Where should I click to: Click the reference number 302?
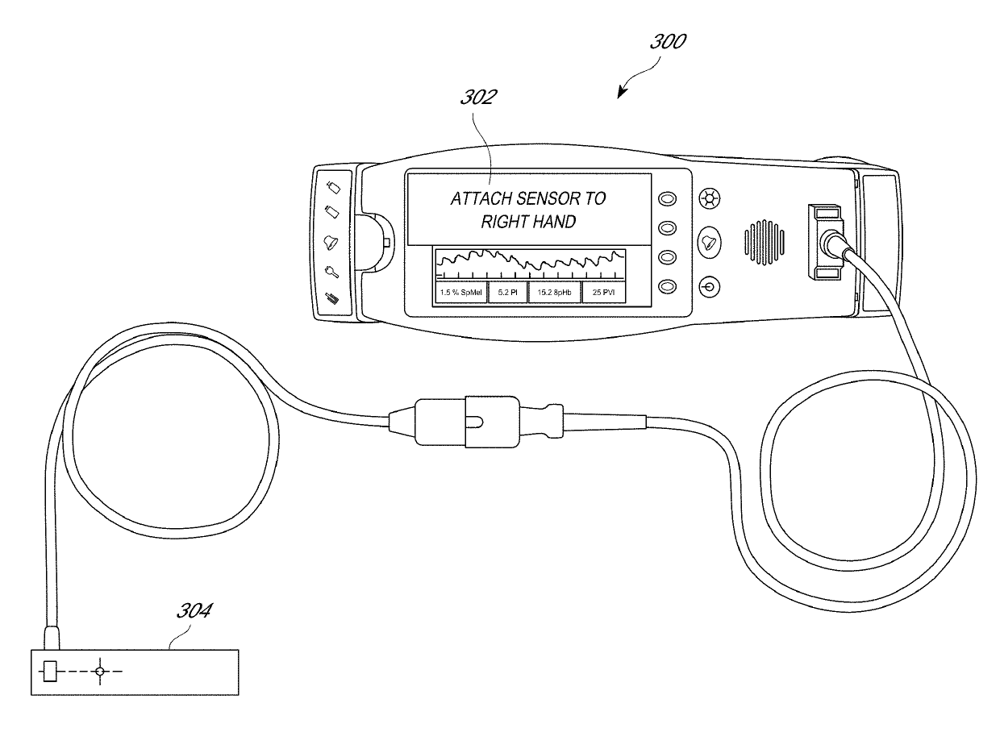coord(478,98)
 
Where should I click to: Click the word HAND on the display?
coord(556,222)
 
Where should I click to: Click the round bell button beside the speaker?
coord(709,242)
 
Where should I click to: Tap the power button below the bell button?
coord(709,285)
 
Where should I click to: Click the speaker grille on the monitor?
coord(763,240)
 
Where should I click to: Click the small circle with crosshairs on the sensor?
coord(100,671)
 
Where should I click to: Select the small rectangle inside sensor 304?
coord(50,671)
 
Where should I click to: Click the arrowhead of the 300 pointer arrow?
coord(620,94)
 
